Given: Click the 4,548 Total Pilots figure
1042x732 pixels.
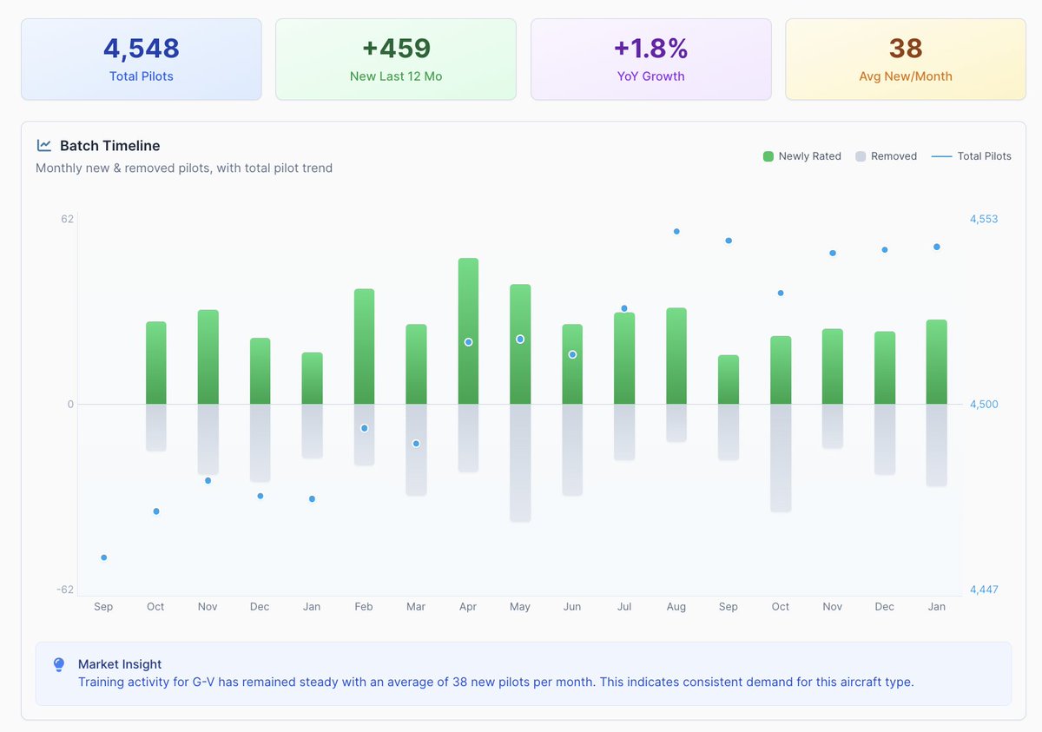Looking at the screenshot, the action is click(x=141, y=49).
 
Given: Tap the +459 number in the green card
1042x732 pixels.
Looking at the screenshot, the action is click(x=396, y=49).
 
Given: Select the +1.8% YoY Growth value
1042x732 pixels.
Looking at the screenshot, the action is click(x=650, y=49).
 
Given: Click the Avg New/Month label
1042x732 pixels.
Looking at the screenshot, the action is click(x=905, y=76).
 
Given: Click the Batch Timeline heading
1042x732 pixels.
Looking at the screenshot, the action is click(x=109, y=146).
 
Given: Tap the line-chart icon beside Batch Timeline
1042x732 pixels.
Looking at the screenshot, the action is click(x=43, y=146).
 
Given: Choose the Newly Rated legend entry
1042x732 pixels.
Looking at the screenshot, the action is click(x=802, y=156).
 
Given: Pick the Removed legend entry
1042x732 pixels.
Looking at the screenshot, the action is click(x=887, y=156).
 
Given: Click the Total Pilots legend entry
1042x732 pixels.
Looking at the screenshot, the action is click(x=972, y=156).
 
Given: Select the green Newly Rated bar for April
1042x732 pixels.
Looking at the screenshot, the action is click(x=468, y=331).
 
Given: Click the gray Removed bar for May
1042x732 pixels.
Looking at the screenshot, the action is click(x=520, y=463).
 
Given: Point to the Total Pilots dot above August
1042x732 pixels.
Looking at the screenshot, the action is click(x=676, y=232).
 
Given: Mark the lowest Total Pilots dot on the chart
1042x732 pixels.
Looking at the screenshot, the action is click(x=103, y=557).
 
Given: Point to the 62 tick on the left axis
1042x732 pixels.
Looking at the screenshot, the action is click(x=68, y=219).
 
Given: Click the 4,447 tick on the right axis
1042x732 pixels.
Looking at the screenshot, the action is click(x=984, y=590).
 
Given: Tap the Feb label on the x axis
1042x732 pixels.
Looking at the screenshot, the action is click(x=364, y=606).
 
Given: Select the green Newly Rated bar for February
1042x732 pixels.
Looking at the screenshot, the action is click(x=364, y=346).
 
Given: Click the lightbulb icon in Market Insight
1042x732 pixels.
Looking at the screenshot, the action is click(x=59, y=664).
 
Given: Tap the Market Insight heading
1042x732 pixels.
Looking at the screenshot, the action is click(x=120, y=664).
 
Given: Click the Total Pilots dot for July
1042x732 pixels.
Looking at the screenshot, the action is click(x=624, y=308).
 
